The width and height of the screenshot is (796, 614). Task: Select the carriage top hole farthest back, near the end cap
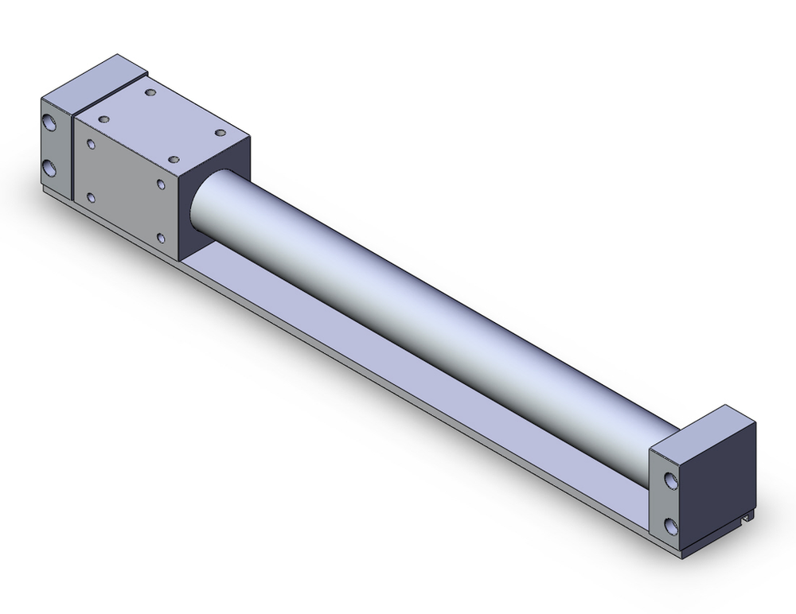tap(151, 94)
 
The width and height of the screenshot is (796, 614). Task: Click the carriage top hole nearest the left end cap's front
tap(103, 119)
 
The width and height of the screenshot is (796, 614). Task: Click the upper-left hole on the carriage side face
tap(92, 146)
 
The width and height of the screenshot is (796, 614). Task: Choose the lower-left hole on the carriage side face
tap(92, 196)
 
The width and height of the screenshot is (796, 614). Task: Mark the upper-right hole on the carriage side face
tap(162, 185)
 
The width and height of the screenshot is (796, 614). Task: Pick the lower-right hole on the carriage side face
tap(162, 237)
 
